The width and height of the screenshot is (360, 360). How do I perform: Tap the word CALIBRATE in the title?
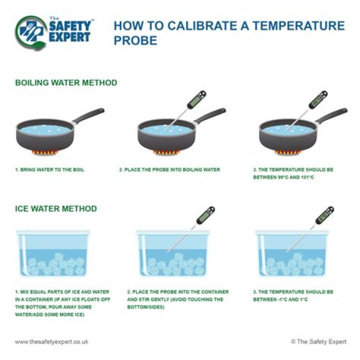tap(201, 25)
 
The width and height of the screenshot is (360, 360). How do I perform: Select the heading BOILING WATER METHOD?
tap(66, 82)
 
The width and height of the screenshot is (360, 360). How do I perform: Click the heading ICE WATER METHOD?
tap(56, 208)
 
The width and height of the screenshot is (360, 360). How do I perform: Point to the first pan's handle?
tap(88, 115)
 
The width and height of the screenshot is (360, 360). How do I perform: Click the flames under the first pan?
tap(45, 152)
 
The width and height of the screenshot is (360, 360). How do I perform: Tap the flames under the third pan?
tap(288, 152)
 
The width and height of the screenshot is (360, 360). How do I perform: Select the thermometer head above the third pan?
tap(318, 99)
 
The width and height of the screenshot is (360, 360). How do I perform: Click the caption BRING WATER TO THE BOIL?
tap(49, 170)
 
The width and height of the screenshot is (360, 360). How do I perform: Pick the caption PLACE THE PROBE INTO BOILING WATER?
tap(169, 170)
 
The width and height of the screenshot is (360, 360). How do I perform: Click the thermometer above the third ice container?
tap(310, 229)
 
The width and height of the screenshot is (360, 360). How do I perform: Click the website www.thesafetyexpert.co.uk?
tap(51, 341)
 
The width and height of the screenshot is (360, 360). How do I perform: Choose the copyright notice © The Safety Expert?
tap(318, 341)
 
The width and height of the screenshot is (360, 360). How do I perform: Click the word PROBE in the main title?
tap(135, 40)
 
